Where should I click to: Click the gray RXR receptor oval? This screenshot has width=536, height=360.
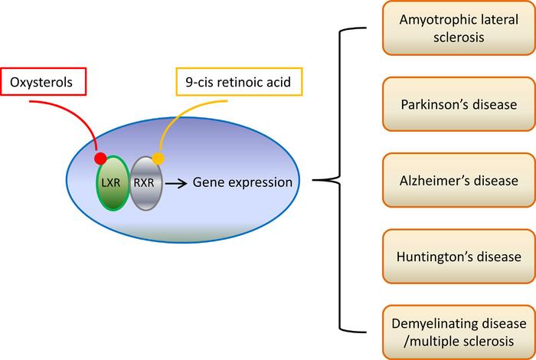[145, 183]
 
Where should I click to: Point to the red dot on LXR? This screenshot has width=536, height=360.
[100, 159]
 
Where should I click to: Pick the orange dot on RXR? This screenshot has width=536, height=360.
[158, 159]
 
